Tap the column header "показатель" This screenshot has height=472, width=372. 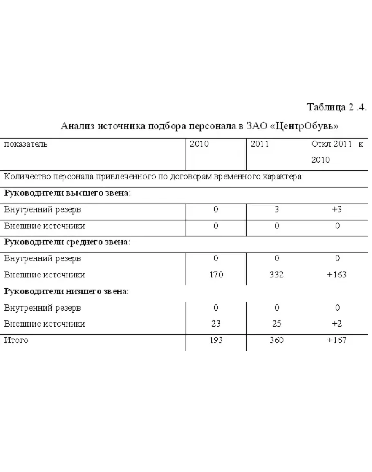26,144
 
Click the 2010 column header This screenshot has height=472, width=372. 199,144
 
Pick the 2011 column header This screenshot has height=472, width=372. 260,144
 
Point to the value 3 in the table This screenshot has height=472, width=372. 277,210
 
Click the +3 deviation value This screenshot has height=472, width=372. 337,210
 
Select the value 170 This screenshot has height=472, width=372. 216,275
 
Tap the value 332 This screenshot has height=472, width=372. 277,275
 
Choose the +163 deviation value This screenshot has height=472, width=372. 337,275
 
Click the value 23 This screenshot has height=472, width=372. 216,324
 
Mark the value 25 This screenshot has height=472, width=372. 277,324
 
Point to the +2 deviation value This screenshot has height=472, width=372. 337,324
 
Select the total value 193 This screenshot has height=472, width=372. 216,340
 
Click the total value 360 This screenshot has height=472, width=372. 277,340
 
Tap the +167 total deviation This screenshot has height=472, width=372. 337,340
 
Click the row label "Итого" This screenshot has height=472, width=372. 16,340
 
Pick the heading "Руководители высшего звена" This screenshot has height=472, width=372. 67,193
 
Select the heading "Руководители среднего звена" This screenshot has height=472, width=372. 67,242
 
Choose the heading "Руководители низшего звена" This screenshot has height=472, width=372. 66,291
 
